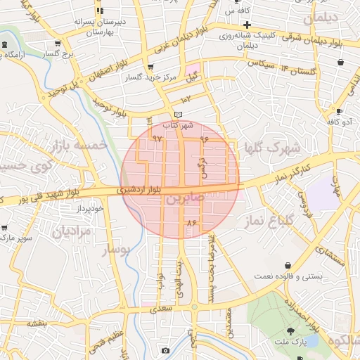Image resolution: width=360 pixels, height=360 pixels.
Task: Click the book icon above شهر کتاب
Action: click(x=179, y=115)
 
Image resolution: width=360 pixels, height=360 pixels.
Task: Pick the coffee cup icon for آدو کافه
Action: click(x=340, y=111)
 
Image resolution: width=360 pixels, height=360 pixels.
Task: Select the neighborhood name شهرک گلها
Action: click(x=269, y=148)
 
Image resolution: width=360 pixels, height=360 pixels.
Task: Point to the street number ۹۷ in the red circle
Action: click(x=156, y=139)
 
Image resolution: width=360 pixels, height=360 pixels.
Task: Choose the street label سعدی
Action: click(x=162, y=307)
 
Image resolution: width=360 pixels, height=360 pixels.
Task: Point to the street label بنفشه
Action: click(x=37, y=323)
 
